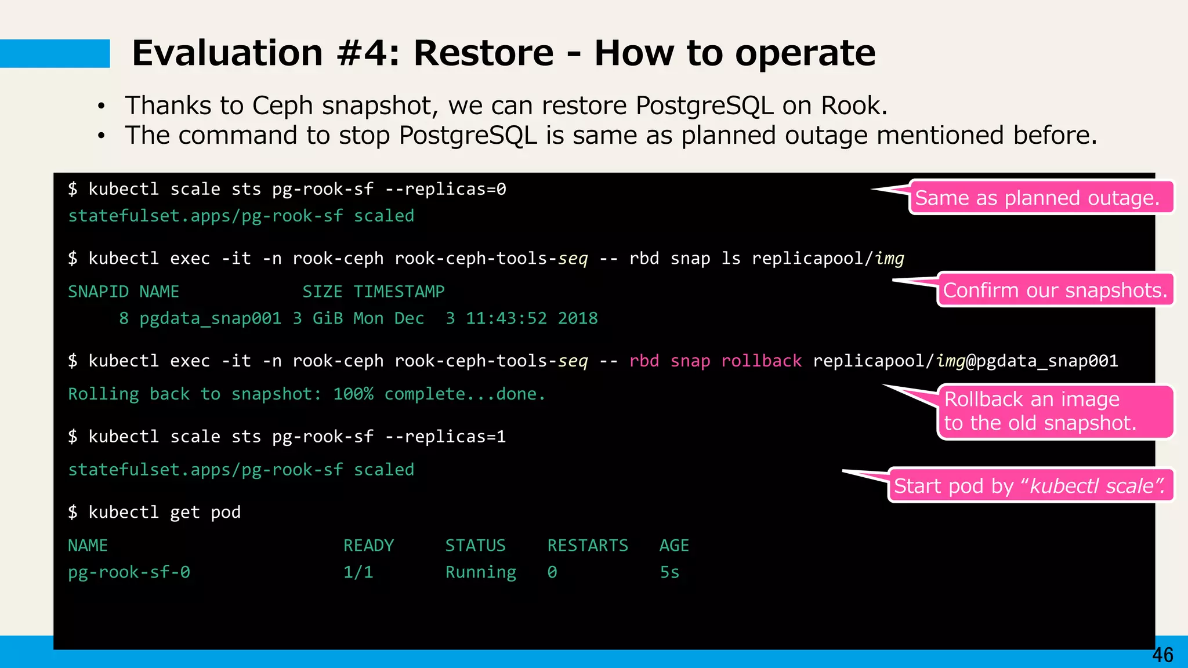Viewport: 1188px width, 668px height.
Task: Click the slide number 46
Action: pos(1162,655)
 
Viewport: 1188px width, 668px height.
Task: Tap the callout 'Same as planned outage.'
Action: pos(1037,198)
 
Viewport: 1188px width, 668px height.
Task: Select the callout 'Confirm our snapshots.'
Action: pos(1055,290)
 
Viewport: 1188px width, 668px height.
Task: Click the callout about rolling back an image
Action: pos(1055,411)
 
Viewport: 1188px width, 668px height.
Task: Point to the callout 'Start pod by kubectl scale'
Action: pos(1030,485)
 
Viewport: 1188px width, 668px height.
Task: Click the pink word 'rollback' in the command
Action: pos(761,361)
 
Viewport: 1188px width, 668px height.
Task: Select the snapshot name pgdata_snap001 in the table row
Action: pos(210,318)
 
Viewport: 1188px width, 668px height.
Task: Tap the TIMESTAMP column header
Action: pos(399,292)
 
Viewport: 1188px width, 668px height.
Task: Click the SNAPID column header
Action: pos(98,292)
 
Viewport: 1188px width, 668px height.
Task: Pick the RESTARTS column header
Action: pos(588,546)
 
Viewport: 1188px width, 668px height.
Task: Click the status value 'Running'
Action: pos(480,572)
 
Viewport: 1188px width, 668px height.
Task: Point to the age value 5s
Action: pos(669,572)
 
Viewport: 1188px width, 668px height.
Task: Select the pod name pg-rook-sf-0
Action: pos(129,572)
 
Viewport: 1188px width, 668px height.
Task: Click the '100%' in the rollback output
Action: pos(353,394)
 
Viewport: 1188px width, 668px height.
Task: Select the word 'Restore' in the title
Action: pos(484,53)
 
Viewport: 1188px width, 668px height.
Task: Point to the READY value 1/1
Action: pos(358,572)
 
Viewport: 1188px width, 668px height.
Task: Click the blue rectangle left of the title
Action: pos(55,53)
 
